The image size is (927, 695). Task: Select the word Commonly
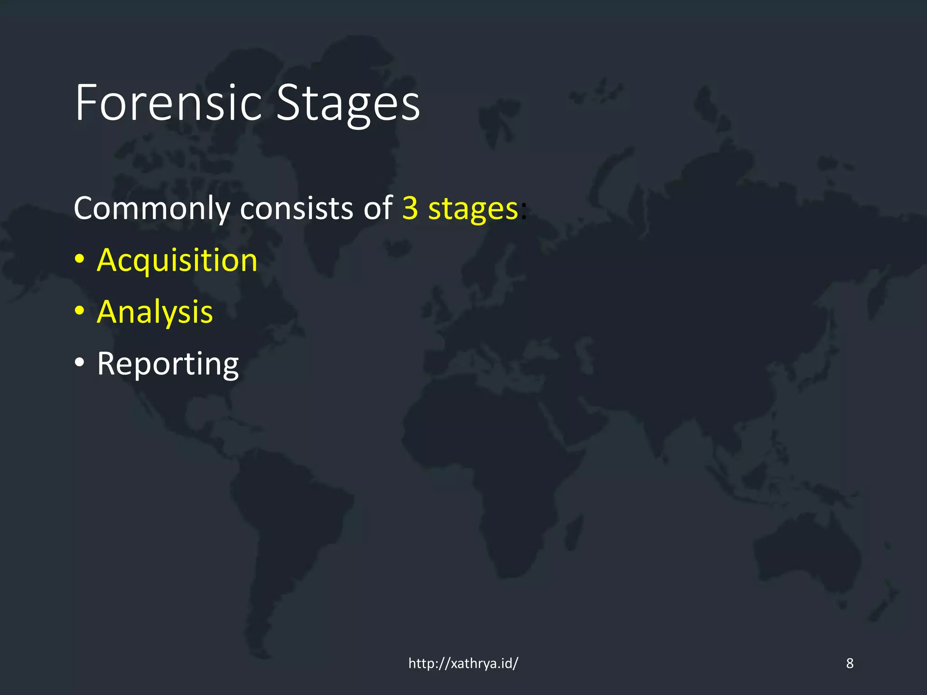[x=152, y=209]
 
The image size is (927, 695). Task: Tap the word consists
[x=296, y=209]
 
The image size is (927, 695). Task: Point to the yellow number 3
[x=410, y=209]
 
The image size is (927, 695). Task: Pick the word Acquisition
[x=177, y=261]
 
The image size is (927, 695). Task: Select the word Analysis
[x=155, y=313]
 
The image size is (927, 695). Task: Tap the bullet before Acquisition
[x=80, y=260]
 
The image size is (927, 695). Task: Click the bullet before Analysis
[x=80, y=311]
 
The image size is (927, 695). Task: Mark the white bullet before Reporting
[x=80, y=362]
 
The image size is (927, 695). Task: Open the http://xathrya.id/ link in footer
[x=463, y=663]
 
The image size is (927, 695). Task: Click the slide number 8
[x=850, y=663]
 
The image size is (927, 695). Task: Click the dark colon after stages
[x=524, y=211]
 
